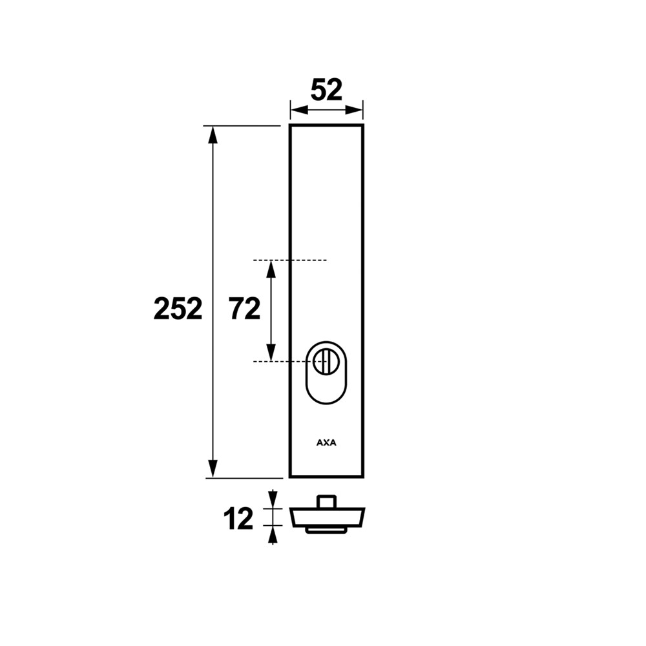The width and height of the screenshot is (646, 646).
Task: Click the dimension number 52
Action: [326, 90]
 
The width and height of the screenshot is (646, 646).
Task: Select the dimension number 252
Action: [178, 309]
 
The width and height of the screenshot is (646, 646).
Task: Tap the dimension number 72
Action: [245, 309]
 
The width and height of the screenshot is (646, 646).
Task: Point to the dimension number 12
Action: [238, 519]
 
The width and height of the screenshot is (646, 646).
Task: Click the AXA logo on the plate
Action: [326, 443]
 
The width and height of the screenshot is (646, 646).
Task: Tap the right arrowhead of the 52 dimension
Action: [354, 110]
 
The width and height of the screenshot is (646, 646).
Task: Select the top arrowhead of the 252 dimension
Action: [213, 134]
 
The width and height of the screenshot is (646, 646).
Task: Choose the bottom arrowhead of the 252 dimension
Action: [213, 468]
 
